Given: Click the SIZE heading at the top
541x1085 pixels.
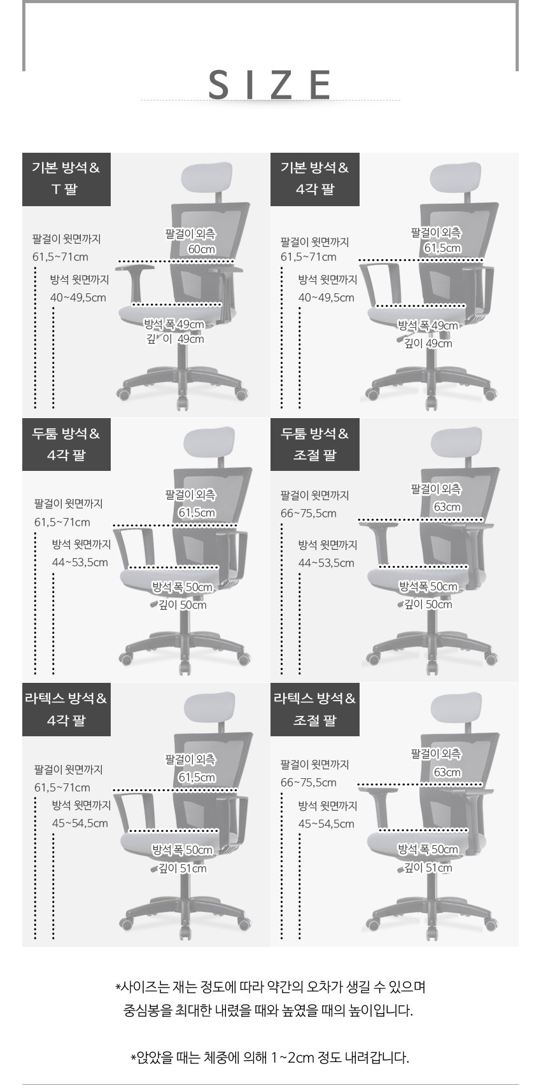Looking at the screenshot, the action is (x=270, y=84).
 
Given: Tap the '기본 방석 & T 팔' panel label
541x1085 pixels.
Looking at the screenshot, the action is (x=66, y=179).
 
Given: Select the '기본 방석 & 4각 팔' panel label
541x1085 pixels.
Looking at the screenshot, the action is (x=315, y=179).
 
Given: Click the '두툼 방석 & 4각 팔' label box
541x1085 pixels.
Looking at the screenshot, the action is (x=66, y=444).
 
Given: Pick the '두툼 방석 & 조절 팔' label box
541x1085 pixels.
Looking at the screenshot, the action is (x=315, y=444).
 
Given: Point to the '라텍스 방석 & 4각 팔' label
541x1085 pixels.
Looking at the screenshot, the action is (x=66, y=710).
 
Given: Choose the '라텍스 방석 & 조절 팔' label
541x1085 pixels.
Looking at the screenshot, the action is (x=315, y=710).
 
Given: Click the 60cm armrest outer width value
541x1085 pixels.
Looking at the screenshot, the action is (x=202, y=249).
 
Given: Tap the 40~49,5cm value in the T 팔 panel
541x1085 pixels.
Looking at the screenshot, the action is (x=78, y=297).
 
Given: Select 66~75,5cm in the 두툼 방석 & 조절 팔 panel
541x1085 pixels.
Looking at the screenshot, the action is (x=309, y=514).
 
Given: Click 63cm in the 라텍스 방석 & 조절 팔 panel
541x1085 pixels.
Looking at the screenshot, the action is (x=447, y=772).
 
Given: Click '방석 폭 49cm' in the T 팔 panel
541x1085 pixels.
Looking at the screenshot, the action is (x=174, y=324).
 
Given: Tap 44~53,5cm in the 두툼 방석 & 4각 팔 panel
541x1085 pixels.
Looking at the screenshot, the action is (x=80, y=563).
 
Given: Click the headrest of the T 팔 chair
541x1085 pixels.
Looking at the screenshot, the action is (x=207, y=178).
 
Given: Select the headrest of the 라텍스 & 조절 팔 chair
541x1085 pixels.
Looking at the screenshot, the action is (x=456, y=708).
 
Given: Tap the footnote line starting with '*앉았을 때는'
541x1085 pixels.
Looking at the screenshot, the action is (x=270, y=1058).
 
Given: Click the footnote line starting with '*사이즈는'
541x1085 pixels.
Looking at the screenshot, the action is (x=270, y=986).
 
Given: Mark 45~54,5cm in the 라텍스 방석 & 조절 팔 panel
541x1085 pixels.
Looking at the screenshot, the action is (x=326, y=823).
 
